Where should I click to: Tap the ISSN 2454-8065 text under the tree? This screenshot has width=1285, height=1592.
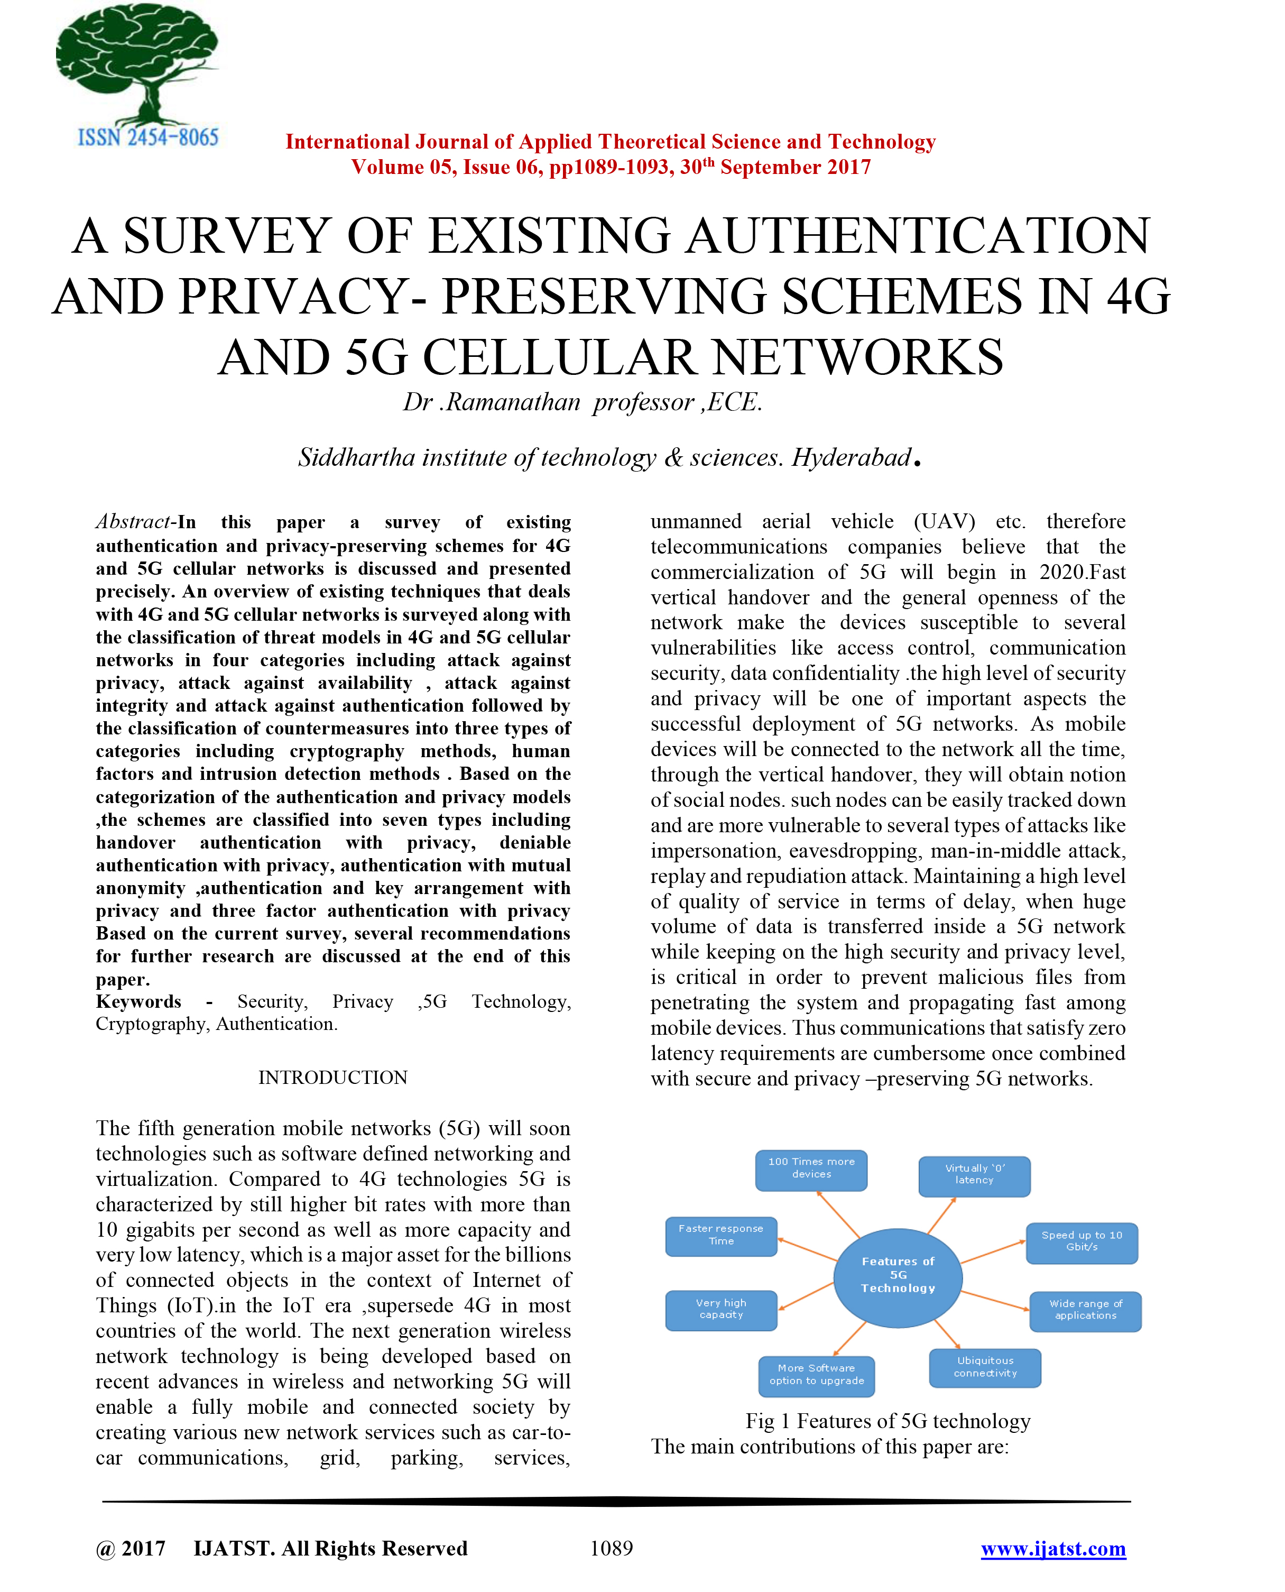point(148,137)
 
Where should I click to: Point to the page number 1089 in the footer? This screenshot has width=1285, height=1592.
point(612,1548)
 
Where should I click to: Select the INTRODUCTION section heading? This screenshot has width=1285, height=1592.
point(332,1078)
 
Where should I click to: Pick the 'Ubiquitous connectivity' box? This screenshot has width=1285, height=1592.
point(985,1367)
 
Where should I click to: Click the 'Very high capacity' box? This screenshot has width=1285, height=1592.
point(721,1309)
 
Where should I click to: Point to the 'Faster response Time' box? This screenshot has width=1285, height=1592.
point(721,1235)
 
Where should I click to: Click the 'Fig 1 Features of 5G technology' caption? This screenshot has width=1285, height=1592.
point(888,1421)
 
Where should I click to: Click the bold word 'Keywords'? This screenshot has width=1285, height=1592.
point(138,1002)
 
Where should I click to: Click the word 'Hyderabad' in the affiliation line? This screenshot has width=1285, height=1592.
point(850,457)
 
